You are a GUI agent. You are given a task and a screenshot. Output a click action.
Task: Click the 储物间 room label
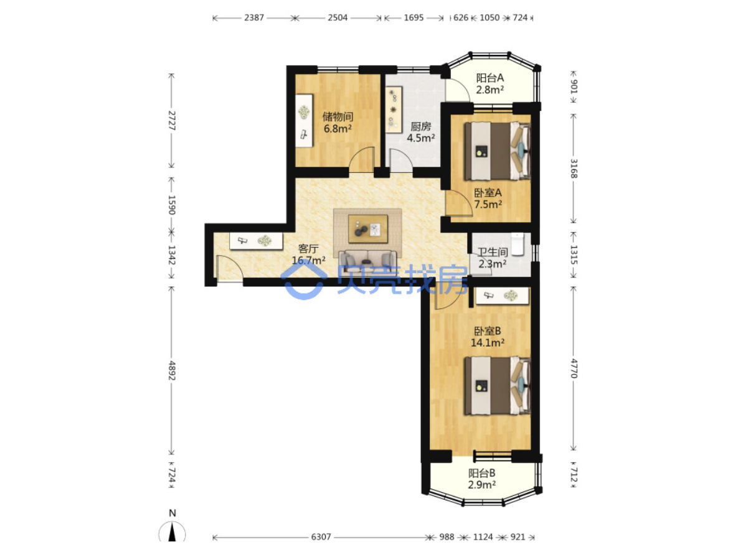pos(338,117)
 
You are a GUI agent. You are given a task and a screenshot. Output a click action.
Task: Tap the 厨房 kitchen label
pos(420,126)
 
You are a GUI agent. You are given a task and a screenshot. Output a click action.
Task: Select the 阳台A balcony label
pos(490,78)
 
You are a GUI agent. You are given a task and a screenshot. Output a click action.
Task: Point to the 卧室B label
pos(487,330)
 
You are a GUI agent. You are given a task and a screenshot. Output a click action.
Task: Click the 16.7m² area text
pos(308,261)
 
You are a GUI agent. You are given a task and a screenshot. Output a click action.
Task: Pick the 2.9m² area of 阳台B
pos(481,484)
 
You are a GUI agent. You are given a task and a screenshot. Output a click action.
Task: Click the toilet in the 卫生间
pos(518,244)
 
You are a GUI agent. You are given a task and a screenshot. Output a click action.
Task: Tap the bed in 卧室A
pos(497,151)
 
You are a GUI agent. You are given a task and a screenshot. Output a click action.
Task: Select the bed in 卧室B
pos(497,386)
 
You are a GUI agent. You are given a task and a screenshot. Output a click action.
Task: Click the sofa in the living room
pos(367,263)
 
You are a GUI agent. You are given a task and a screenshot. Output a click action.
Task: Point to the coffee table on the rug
pos(367,228)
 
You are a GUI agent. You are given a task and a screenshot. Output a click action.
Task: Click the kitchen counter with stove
pos(394,110)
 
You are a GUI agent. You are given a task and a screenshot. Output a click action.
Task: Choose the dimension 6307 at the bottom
pos(321,537)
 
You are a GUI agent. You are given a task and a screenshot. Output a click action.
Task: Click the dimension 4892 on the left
pos(172,370)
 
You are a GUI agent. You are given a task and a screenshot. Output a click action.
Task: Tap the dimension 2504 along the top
pos(338,17)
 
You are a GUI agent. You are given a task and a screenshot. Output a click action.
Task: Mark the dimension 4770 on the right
pos(574,368)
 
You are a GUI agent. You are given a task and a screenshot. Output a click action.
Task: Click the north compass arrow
pos(172,533)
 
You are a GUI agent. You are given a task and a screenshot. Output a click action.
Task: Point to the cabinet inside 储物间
pos(304,121)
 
